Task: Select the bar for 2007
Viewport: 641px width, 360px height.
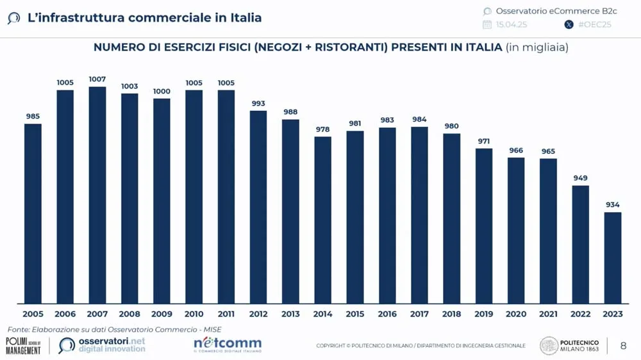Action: click(x=97, y=195)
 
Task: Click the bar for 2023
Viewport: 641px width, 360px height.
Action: click(x=613, y=258)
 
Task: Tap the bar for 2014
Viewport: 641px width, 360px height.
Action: click(x=323, y=220)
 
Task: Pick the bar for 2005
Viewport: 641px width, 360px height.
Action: click(x=33, y=213)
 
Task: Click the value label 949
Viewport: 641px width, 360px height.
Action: click(x=581, y=178)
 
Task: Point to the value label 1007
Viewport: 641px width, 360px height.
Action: click(x=97, y=79)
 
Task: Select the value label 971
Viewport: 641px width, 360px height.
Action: click(x=484, y=140)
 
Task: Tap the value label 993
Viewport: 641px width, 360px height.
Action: click(x=258, y=103)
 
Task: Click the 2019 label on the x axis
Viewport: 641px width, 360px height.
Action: click(x=484, y=314)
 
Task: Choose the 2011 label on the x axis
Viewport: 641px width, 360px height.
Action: click(x=226, y=314)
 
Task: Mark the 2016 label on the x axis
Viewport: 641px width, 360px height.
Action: click(x=387, y=314)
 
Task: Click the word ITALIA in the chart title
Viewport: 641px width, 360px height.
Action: click(x=479, y=47)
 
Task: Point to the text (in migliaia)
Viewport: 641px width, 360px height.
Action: click(x=537, y=47)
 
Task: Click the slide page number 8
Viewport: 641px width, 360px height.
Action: click(x=623, y=346)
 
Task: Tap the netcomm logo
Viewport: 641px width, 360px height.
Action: click(x=228, y=345)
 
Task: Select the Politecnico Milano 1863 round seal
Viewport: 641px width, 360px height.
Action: click(x=549, y=346)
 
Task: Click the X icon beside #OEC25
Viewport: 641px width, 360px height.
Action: click(x=569, y=25)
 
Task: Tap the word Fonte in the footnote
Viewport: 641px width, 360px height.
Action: click(x=18, y=329)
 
